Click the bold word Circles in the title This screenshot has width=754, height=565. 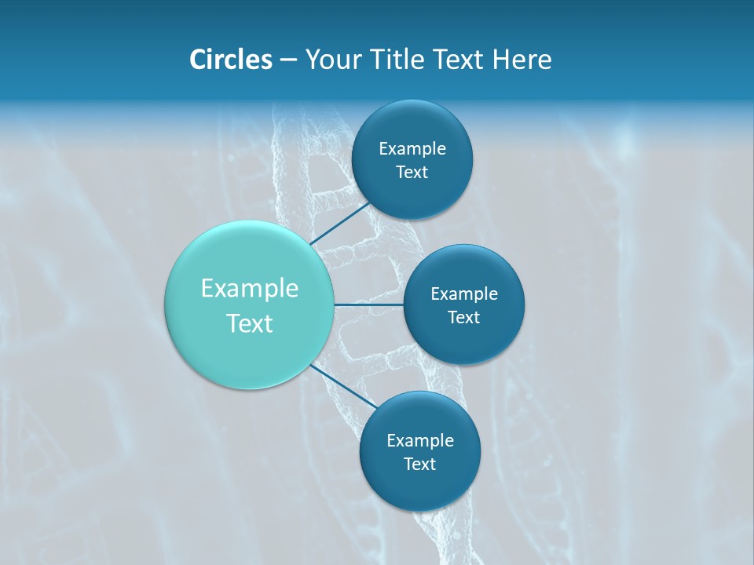pyautogui.click(x=230, y=60)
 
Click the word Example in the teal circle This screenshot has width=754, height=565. pyautogui.click(x=250, y=289)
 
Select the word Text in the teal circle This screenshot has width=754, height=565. pyautogui.click(x=250, y=323)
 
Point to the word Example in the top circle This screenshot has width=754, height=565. pyautogui.click(x=412, y=148)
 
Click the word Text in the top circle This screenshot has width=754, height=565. pyautogui.click(x=412, y=172)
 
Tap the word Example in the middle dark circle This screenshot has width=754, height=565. pyautogui.click(x=464, y=293)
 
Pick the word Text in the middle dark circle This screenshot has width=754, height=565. pyautogui.click(x=463, y=317)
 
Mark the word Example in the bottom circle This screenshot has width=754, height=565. pyautogui.click(x=420, y=440)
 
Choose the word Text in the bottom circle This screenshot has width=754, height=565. pyautogui.click(x=419, y=464)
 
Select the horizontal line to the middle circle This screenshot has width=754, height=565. pyautogui.click(x=368, y=304)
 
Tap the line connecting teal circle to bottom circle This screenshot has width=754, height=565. pyautogui.click(x=343, y=386)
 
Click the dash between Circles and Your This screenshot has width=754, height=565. pyautogui.click(x=288, y=60)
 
